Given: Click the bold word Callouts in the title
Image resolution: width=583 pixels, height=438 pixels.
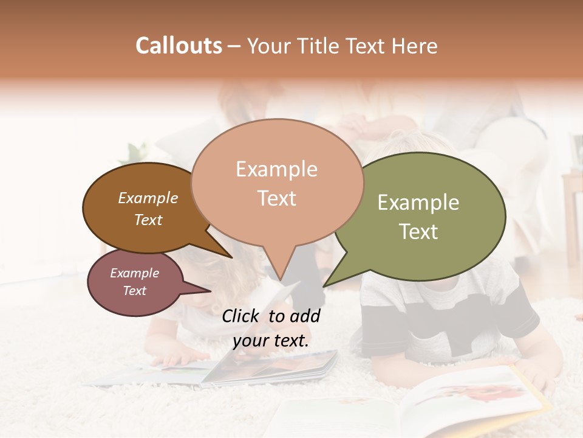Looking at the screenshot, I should (x=179, y=46).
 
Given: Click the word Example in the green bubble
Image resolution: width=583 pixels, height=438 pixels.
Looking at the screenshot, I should (x=418, y=203).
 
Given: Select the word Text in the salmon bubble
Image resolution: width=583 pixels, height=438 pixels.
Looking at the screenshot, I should (x=277, y=198).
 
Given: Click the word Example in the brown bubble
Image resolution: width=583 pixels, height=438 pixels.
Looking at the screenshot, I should (x=148, y=198).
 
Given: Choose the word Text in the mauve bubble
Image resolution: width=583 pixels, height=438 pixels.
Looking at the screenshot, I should (x=135, y=291).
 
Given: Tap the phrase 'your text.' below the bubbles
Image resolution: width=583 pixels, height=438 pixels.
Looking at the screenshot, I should (x=271, y=341).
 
